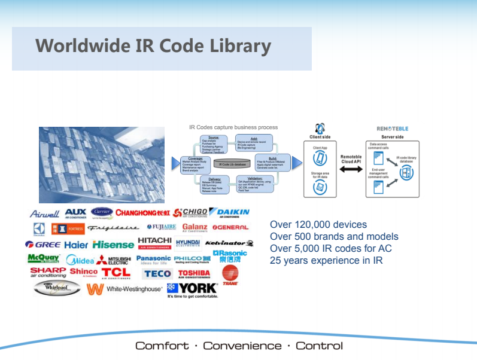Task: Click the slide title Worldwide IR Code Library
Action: (x=153, y=46)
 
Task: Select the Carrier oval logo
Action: (x=102, y=213)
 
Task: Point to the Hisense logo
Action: (x=113, y=245)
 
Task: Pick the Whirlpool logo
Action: (x=56, y=288)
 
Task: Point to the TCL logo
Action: (x=116, y=273)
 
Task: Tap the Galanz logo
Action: (x=195, y=228)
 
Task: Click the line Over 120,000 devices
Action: (x=318, y=225)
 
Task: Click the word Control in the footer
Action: (x=319, y=346)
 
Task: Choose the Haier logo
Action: (x=76, y=245)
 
